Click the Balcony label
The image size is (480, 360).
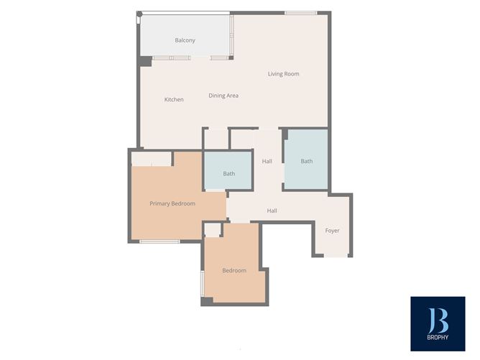click(185, 40)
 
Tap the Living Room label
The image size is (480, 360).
click(283, 74)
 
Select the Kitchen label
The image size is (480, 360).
click(174, 99)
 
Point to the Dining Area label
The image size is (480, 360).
click(223, 96)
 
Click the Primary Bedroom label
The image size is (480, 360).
click(172, 203)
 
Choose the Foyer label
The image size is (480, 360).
click(332, 231)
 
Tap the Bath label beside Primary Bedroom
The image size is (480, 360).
click(229, 174)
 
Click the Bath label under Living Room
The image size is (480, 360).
click(307, 161)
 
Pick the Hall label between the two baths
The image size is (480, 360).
click(267, 161)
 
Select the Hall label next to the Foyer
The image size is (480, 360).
click(272, 211)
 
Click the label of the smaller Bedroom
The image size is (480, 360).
click(234, 271)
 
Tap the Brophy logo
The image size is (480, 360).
click(438, 323)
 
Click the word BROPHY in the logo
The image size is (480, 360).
click(438, 337)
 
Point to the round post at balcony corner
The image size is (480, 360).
click(139, 14)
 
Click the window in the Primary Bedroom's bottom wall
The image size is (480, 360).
click(160, 241)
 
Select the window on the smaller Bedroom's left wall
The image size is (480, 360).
click(203, 283)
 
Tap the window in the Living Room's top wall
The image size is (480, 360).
click(300, 13)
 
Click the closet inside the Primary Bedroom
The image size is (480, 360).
click(151, 159)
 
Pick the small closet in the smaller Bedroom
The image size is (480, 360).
click(213, 230)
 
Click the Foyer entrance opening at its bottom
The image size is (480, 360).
click(336, 256)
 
